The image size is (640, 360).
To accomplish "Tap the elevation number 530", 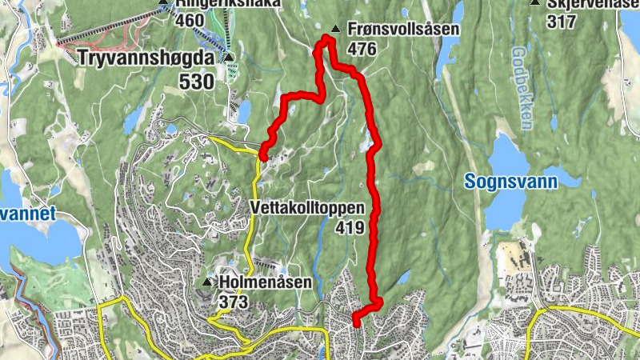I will click(x=197, y=82).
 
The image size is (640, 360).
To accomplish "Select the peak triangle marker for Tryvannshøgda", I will click(x=229, y=58).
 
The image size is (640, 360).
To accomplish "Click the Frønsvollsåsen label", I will click(x=404, y=30).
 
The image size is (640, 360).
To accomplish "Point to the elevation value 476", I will click(x=362, y=49).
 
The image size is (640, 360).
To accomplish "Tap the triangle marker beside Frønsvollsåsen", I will click(x=335, y=30).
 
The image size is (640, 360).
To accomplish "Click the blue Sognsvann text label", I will click(x=511, y=182).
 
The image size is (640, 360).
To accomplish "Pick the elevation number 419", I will click(x=350, y=228).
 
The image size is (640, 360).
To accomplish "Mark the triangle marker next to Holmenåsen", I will click(x=209, y=282).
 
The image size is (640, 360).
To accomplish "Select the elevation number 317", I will click(x=562, y=22).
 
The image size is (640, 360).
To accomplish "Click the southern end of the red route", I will click(x=355, y=322).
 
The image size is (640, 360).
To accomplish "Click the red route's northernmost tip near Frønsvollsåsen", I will click(x=327, y=38).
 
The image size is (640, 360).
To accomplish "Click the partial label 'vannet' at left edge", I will click(x=28, y=214).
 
